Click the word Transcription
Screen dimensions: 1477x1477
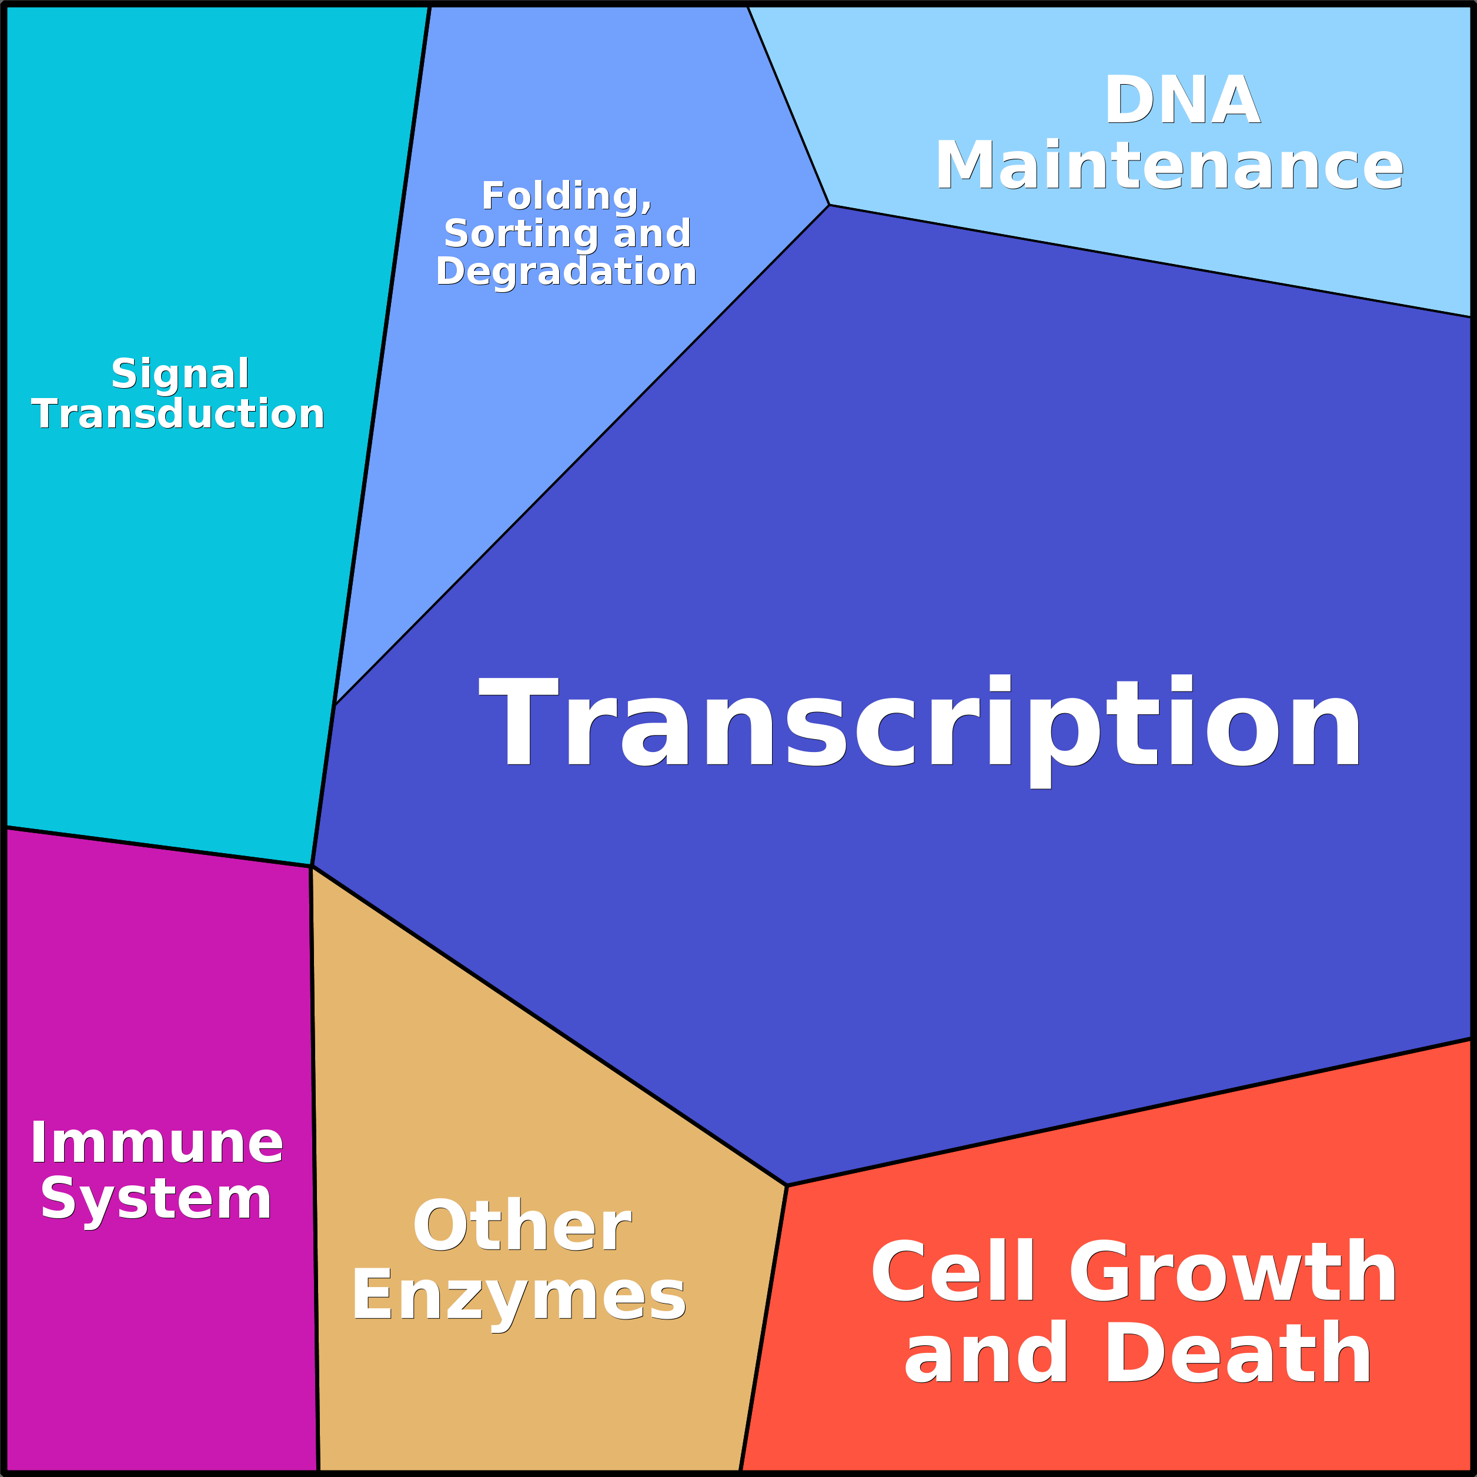(919, 725)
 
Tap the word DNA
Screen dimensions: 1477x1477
(1182, 100)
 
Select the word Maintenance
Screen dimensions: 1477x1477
(1169, 165)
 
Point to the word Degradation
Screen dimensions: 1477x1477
(566, 272)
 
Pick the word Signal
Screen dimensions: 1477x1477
(181, 375)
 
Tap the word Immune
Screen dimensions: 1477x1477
(157, 1144)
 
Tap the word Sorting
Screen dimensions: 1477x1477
(520, 234)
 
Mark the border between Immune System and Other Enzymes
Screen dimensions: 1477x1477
(314, 1168)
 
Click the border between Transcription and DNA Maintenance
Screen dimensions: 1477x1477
(1151, 260)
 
